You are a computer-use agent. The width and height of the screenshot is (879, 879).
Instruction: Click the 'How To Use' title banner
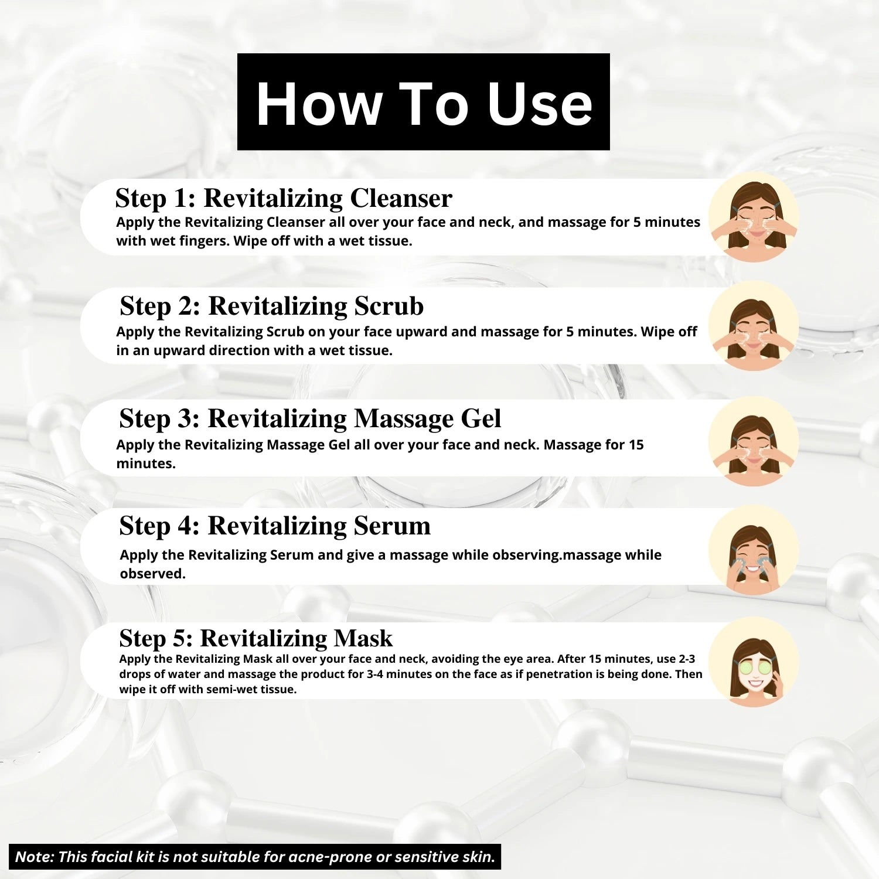(x=423, y=102)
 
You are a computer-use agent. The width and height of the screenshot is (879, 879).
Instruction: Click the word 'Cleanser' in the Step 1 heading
(x=401, y=198)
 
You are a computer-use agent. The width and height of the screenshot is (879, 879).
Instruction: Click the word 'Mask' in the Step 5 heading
(x=363, y=638)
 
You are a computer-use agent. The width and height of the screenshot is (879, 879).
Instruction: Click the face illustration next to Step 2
(x=754, y=326)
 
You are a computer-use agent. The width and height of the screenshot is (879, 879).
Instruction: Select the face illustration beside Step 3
(x=754, y=441)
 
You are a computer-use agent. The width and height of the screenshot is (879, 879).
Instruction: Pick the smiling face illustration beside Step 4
(x=754, y=551)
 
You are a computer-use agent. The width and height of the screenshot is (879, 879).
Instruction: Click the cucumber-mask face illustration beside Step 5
(x=754, y=663)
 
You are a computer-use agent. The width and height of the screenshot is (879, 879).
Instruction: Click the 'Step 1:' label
(x=155, y=198)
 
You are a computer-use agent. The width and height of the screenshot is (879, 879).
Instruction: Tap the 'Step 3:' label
(x=159, y=418)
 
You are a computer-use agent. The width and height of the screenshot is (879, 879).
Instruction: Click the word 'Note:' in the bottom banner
(x=35, y=857)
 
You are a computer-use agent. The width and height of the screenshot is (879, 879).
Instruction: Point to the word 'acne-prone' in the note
(x=335, y=857)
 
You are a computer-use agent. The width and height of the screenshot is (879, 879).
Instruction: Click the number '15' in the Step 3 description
(x=636, y=445)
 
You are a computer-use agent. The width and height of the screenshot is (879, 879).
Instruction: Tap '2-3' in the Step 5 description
(x=687, y=659)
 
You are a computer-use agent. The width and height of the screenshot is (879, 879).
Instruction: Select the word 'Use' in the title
(x=540, y=104)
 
